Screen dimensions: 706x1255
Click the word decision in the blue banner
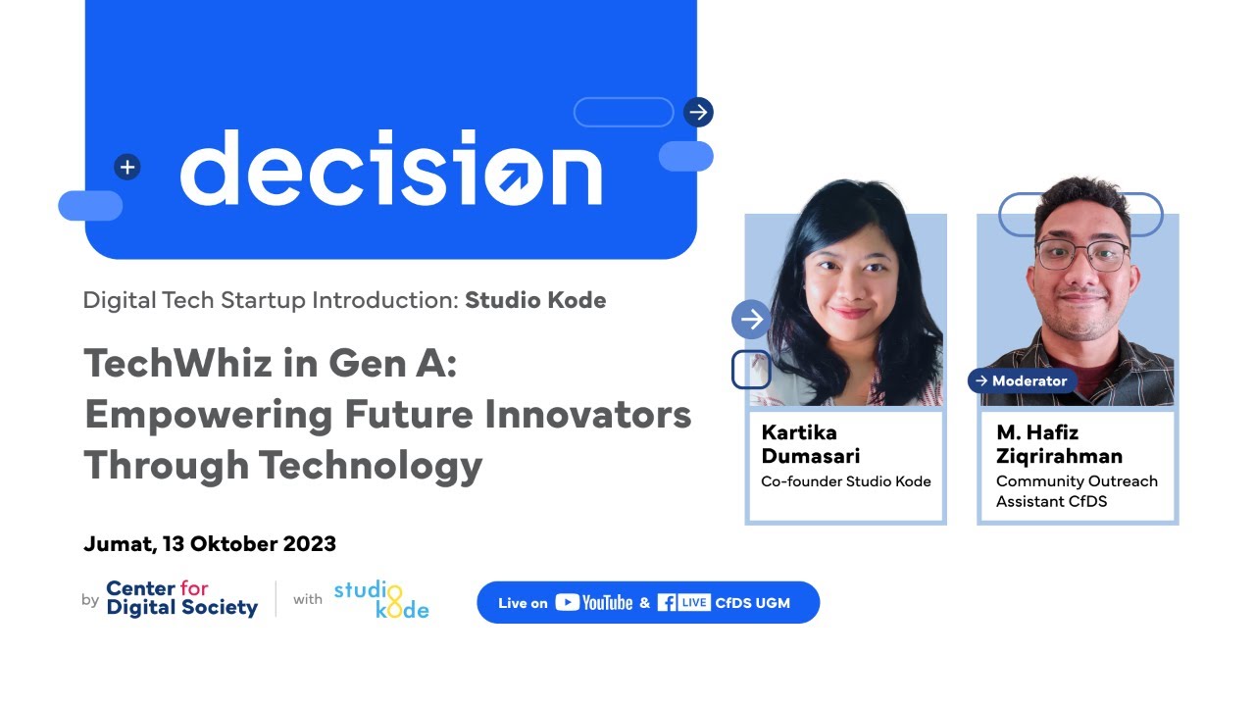(390, 169)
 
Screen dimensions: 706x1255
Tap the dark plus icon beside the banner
(126, 167)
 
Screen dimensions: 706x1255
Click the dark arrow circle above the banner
(698, 112)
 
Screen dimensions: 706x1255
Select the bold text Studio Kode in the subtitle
(535, 300)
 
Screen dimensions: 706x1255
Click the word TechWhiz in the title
(174, 364)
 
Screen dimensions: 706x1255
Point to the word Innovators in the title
(587, 414)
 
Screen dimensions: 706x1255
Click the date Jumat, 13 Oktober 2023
(210, 543)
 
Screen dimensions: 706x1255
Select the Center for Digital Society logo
(181, 598)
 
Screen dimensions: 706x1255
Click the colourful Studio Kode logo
(381, 599)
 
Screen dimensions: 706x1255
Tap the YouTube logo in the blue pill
(593, 603)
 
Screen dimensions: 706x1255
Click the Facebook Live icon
(683, 603)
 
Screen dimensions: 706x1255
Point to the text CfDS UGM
(752, 603)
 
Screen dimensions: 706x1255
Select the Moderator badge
(1023, 380)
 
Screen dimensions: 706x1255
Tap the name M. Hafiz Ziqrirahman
(1059, 444)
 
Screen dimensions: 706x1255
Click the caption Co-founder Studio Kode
(846, 481)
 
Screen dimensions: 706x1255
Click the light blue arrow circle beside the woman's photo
(751, 320)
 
